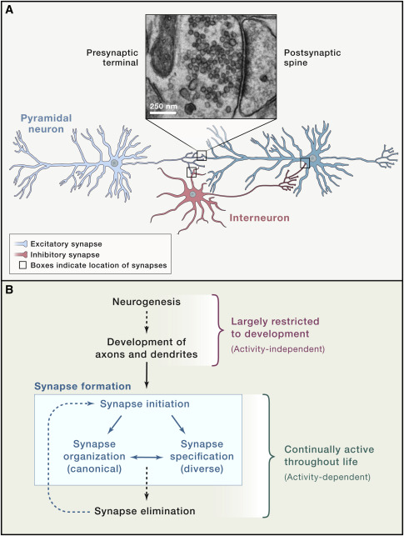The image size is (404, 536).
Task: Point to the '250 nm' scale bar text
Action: pyautogui.click(x=163, y=108)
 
